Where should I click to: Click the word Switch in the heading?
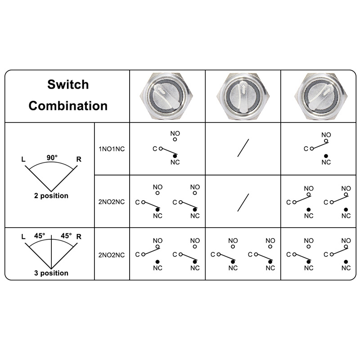(x=68, y=85)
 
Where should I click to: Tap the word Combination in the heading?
(x=68, y=106)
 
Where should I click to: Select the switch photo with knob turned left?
(x=167, y=96)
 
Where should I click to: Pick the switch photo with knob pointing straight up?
(x=243, y=96)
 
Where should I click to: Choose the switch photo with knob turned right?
(x=318, y=96)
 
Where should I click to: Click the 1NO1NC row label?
(x=112, y=148)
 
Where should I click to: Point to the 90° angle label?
(x=52, y=157)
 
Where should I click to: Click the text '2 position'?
(x=51, y=196)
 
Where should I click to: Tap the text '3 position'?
(x=51, y=273)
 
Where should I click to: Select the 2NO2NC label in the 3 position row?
(x=112, y=255)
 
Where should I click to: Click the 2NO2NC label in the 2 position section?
(x=112, y=202)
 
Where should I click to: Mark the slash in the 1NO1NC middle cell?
(x=243, y=148)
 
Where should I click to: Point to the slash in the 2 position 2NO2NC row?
(x=243, y=202)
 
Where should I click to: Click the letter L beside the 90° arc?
(x=23, y=159)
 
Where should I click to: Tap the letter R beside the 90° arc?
(x=79, y=159)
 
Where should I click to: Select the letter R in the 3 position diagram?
(x=79, y=236)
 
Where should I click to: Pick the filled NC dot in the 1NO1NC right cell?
(x=326, y=156)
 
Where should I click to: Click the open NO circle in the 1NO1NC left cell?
(x=175, y=140)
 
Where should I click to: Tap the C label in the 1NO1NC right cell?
(x=306, y=148)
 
